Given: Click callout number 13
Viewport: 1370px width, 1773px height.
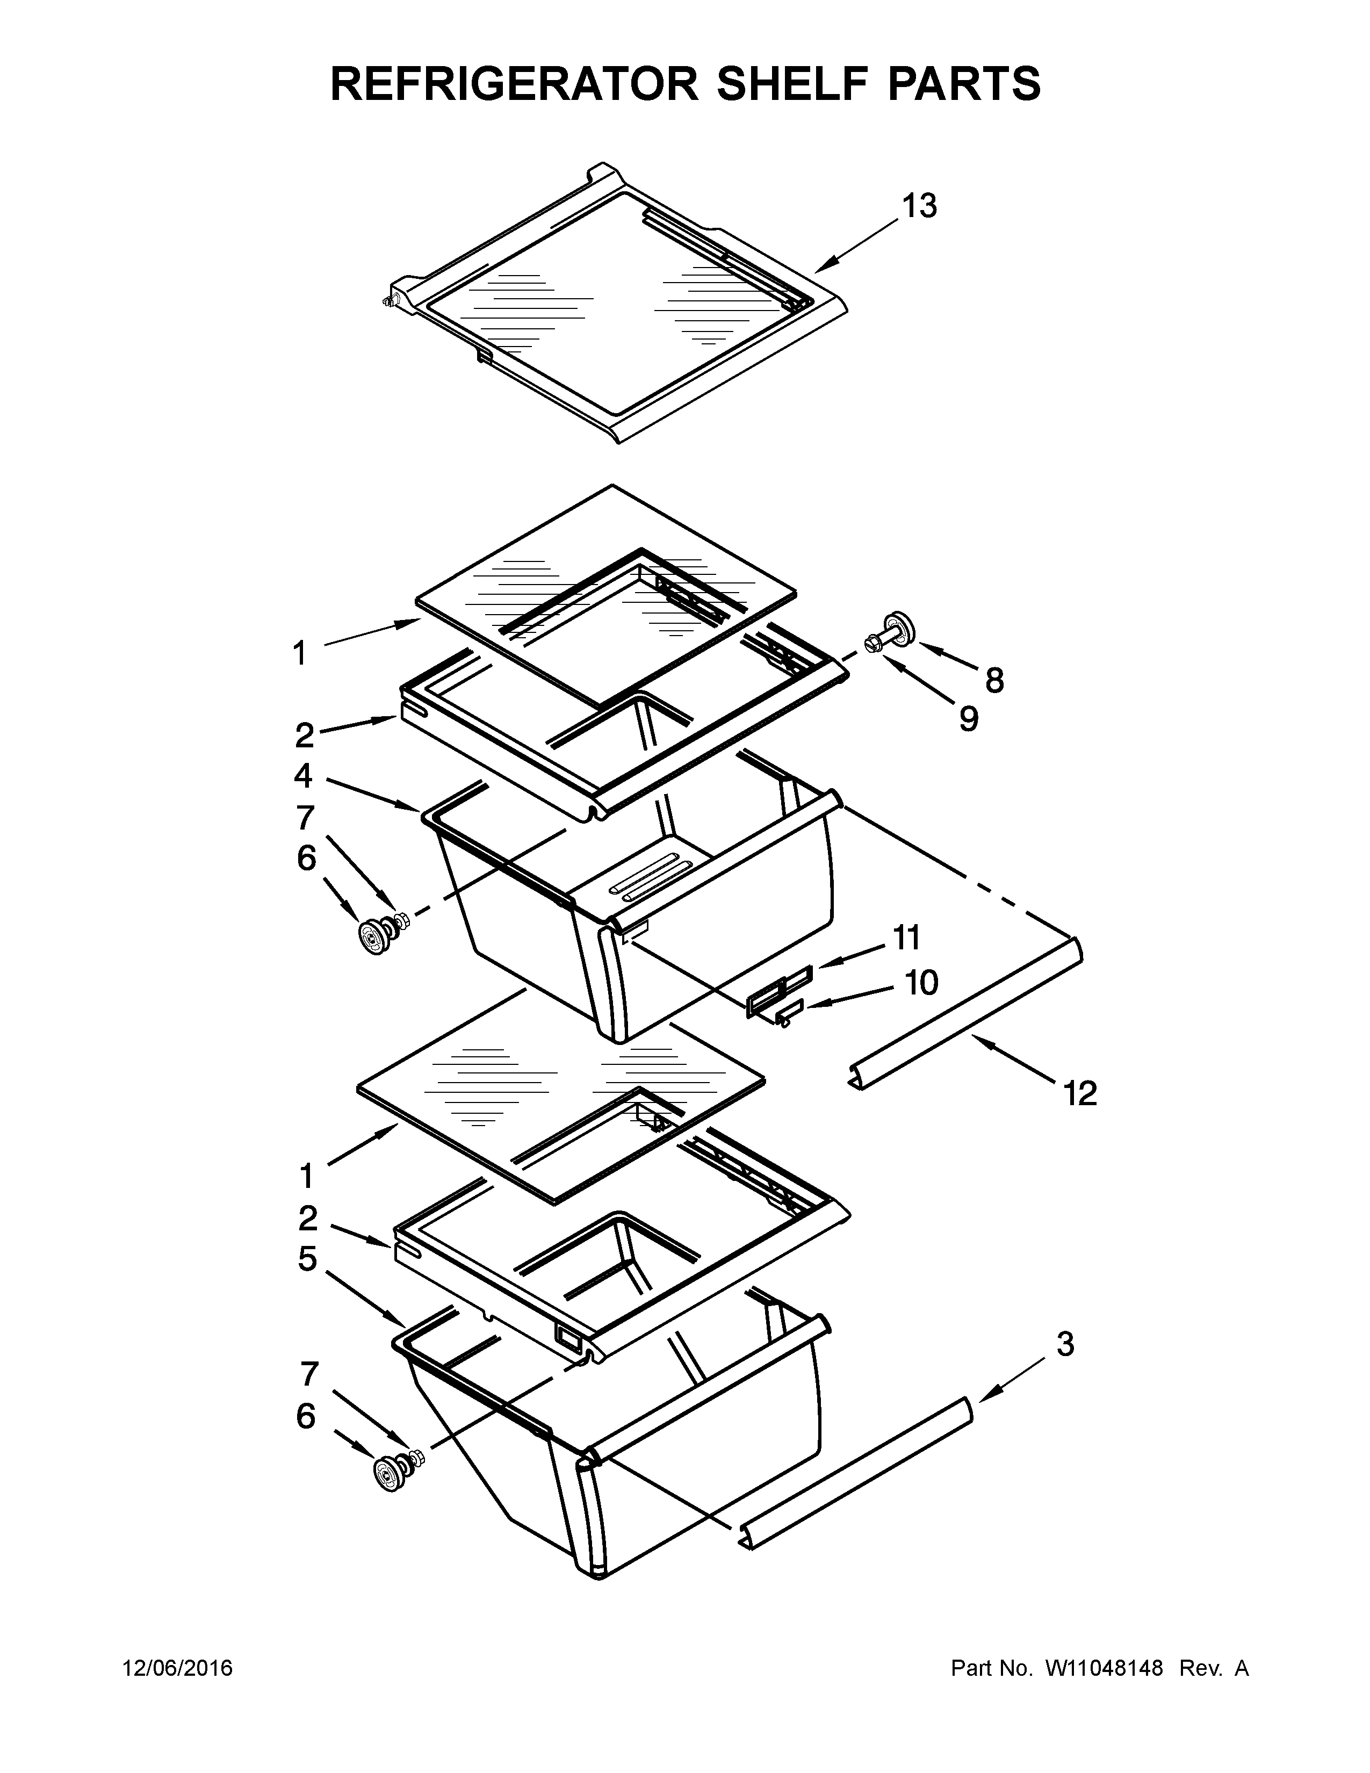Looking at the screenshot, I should pos(920,206).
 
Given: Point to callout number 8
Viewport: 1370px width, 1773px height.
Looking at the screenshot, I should pos(994,680).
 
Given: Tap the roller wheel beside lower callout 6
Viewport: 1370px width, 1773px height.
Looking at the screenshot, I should pos(390,1471).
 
